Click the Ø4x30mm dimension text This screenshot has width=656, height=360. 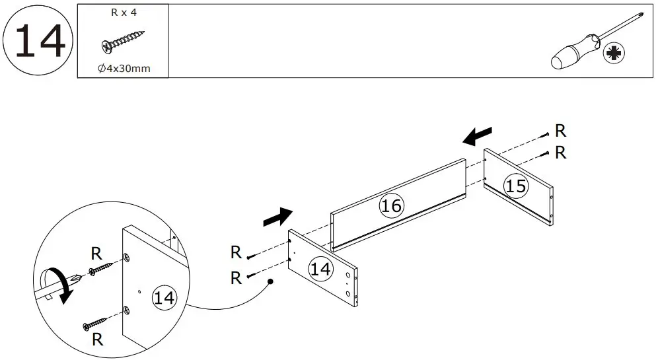click(124, 69)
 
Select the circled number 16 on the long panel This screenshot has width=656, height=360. click(391, 205)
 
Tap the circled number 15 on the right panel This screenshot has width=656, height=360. click(516, 186)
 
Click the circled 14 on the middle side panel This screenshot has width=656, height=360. click(321, 269)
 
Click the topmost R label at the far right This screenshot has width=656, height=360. click(560, 131)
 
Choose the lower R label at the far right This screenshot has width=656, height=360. click(560, 153)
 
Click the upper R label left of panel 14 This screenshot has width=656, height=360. click(235, 252)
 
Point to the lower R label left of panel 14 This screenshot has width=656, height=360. click(235, 278)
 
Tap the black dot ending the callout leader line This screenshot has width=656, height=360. click(270, 282)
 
